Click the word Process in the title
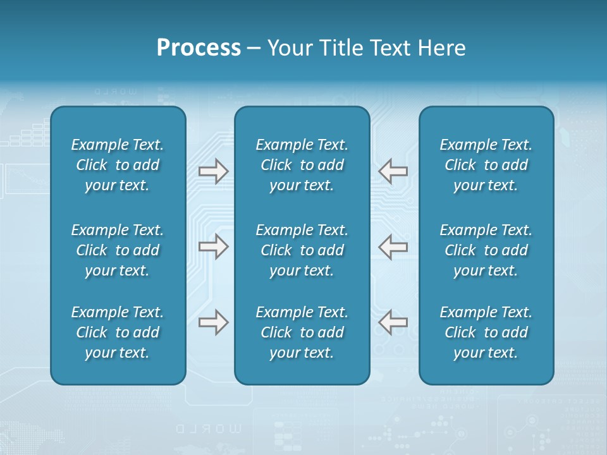tap(199, 48)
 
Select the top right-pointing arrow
tap(214, 171)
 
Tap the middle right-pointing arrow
tap(214, 246)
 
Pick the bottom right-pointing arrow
tap(214, 322)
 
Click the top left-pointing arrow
tap(393, 171)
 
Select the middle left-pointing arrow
tap(393, 246)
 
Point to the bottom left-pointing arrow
tap(393, 322)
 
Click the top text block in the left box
tap(118, 165)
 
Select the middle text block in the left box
tap(118, 250)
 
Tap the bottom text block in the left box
tap(118, 332)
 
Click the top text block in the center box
tap(302, 165)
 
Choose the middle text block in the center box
tap(302, 250)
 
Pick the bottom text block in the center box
tap(302, 332)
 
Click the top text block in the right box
tap(486, 165)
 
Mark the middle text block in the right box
tap(486, 250)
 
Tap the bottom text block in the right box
tap(486, 332)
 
